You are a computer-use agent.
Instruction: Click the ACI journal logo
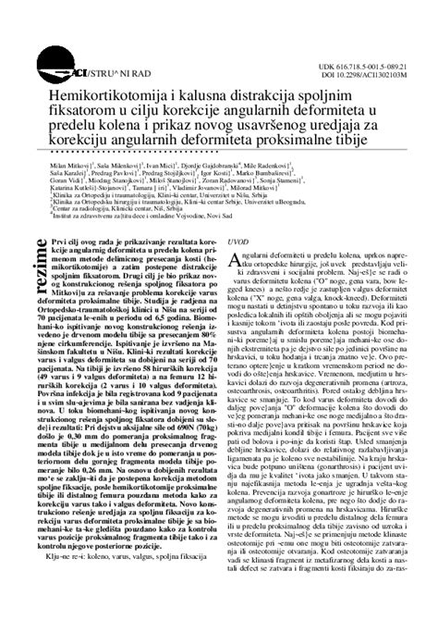[x=88, y=70]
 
